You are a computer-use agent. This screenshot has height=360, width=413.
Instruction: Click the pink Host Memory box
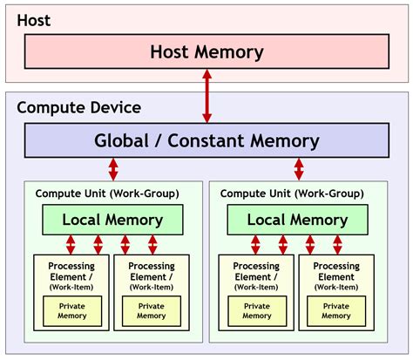(x=206, y=52)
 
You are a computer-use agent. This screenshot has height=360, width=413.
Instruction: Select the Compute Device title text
(x=78, y=108)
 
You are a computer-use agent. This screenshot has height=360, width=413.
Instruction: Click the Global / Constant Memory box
(x=206, y=140)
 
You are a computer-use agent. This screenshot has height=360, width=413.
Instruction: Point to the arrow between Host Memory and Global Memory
(x=206, y=97)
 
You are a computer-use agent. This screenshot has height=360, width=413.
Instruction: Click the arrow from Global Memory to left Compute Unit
(x=113, y=168)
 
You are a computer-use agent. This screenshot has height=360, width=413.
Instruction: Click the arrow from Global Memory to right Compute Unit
(x=299, y=168)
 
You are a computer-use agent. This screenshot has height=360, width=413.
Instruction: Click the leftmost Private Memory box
(x=72, y=311)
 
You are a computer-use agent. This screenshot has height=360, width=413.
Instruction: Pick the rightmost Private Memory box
(x=335, y=311)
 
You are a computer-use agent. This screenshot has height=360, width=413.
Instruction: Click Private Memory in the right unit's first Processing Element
(x=256, y=311)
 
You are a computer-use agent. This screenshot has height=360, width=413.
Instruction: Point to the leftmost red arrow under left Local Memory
(x=70, y=243)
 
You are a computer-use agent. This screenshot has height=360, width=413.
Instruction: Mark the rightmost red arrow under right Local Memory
(x=337, y=243)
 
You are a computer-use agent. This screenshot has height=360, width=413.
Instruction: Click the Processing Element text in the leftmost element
(x=71, y=271)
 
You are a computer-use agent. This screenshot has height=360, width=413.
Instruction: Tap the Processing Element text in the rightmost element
(x=336, y=271)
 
